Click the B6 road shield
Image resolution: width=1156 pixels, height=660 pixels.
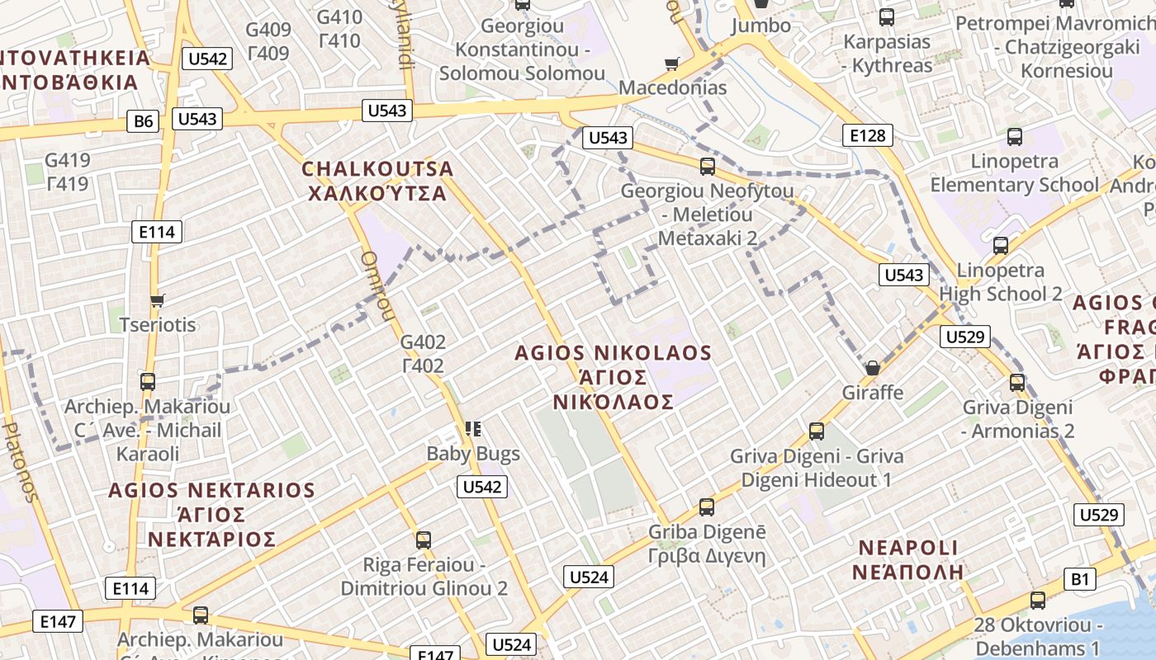tap(144, 122)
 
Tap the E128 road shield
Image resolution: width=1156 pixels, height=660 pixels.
tap(867, 135)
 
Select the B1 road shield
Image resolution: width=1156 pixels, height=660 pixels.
tap(1080, 579)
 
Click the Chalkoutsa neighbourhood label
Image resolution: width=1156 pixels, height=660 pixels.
tap(377, 181)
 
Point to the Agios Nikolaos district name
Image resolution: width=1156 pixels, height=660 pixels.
tap(613, 377)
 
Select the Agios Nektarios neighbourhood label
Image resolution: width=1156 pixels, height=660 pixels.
tap(211, 515)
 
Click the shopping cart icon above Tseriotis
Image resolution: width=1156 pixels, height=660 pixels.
tap(157, 300)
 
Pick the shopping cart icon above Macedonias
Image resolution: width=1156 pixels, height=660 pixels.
tap(672, 64)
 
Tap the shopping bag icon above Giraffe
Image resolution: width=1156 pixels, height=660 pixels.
tap(872, 368)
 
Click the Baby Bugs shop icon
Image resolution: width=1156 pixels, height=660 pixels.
tap(472, 428)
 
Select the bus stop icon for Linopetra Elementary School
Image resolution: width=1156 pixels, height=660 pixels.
tap(1014, 137)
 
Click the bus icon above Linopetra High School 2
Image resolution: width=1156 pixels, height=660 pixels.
tap(1001, 245)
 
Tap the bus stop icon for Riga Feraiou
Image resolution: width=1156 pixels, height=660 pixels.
tap(424, 540)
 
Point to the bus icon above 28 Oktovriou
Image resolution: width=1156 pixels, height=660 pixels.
tap(1037, 601)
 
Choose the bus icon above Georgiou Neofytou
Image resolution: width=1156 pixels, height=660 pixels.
tap(707, 167)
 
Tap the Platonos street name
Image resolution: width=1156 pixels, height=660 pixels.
tap(21, 462)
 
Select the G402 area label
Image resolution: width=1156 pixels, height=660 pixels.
tap(423, 353)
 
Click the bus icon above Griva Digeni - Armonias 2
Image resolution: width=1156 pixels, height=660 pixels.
tap(1017, 383)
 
